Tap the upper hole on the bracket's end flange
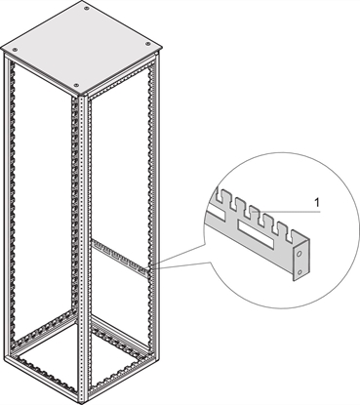pos(303,248)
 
